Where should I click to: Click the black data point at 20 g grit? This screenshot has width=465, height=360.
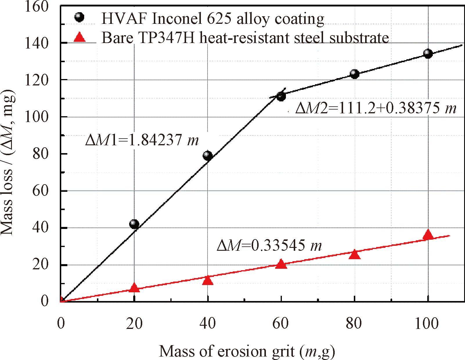(x=134, y=224)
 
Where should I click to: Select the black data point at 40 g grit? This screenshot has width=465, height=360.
(x=208, y=155)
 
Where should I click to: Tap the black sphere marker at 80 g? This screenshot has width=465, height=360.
(x=354, y=74)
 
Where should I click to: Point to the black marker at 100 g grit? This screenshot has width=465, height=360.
(x=428, y=53)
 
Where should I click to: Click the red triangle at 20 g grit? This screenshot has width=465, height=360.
(x=134, y=288)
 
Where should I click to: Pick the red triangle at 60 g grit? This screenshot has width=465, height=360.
(x=281, y=264)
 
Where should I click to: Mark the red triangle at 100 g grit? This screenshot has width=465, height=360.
(x=428, y=235)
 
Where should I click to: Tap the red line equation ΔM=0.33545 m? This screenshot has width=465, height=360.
(x=269, y=246)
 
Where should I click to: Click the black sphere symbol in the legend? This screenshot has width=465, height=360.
(x=79, y=17)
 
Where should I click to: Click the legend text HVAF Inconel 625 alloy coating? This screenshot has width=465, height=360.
(x=213, y=19)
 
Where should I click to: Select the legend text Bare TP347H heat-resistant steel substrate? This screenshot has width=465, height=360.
(x=245, y=38)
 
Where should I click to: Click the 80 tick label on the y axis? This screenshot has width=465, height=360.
(x=40, y=154)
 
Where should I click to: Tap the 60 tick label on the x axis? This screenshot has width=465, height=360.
(x=280, y=323)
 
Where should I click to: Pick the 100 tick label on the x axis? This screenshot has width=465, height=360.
(x=426, y=323)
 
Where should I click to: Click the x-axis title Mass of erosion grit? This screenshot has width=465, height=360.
(x=247, y=351)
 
